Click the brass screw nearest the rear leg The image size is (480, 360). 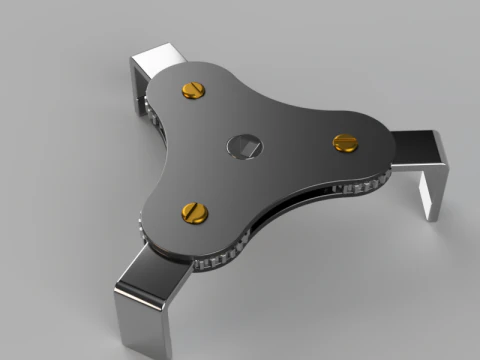[x=193, y=91]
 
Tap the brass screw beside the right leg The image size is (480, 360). [x=346, y=142]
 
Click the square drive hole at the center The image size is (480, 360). [x=244, y=146]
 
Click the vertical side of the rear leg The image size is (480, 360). [x=138, y=80]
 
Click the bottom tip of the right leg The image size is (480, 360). [x=430, y=214]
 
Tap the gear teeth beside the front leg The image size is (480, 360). [x=215, y=262]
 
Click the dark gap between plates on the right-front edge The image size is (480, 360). [x=300, y=205]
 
